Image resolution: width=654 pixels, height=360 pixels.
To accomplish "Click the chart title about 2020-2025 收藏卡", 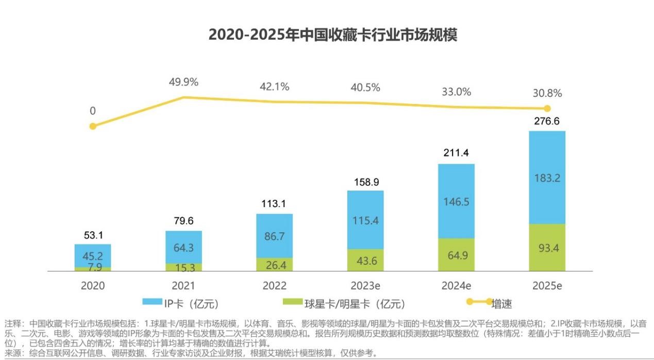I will pos(332,35).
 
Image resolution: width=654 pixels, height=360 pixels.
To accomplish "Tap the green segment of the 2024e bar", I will pos(456,254).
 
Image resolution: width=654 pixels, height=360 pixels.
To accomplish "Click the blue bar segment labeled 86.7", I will pos(274,235).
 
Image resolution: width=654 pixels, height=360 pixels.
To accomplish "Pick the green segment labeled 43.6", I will pos(365,261).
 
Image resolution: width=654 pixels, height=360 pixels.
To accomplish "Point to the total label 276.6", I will pos(547,122).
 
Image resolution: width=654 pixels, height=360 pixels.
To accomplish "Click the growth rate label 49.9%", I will pos(183,82).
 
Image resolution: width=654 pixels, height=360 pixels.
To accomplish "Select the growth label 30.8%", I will pos(547,93).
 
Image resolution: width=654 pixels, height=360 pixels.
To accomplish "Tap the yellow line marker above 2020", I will pos(93,126).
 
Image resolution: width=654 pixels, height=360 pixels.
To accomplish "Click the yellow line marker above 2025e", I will pos(547,109).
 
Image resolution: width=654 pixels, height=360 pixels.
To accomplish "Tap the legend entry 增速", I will pos(501,304).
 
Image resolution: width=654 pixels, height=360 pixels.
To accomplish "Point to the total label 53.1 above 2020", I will pos(93,235).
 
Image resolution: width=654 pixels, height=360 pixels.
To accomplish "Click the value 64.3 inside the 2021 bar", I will pos(183,248).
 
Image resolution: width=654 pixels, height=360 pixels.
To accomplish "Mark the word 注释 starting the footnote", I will pos(13,324).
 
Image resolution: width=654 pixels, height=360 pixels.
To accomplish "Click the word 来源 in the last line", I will pos(13,353).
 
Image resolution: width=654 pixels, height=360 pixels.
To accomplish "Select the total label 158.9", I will pos(365,182).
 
